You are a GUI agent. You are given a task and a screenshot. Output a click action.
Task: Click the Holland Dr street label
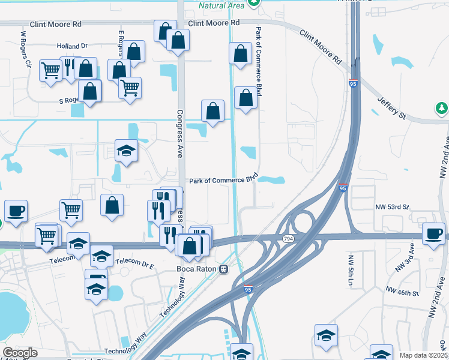pyautogui.click(x=72, y=46)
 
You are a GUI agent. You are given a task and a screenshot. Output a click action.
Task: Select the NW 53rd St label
pyautogui.click(x=393, y=207)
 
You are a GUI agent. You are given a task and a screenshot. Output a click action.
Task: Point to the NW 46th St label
pyautogui.click(x=401, y=292)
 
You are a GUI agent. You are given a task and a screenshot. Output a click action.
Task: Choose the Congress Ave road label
pyautogui.click(x=179, y=133)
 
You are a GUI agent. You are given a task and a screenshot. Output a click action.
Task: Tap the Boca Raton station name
pyautogui.click(x=196, y=269)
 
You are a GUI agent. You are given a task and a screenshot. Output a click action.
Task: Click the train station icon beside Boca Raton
pyautogui.click(x=223, y=269)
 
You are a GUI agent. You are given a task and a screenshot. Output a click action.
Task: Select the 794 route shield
pyautogui.click(x=288, y=239)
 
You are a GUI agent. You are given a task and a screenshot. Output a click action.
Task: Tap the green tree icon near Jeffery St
pyautogui.click(x=442, y=108)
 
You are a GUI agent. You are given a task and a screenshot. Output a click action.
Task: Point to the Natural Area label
pyautogui.click(x=222, y=5)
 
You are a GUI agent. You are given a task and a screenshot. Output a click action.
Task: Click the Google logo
pyautogui.click(x=20, y=353)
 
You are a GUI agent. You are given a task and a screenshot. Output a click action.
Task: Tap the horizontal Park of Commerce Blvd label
pyautogui.click(x=223, y=179)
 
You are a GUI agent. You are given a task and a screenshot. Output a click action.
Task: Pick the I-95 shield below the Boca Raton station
pyautogui.click(x=249, y=289)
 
